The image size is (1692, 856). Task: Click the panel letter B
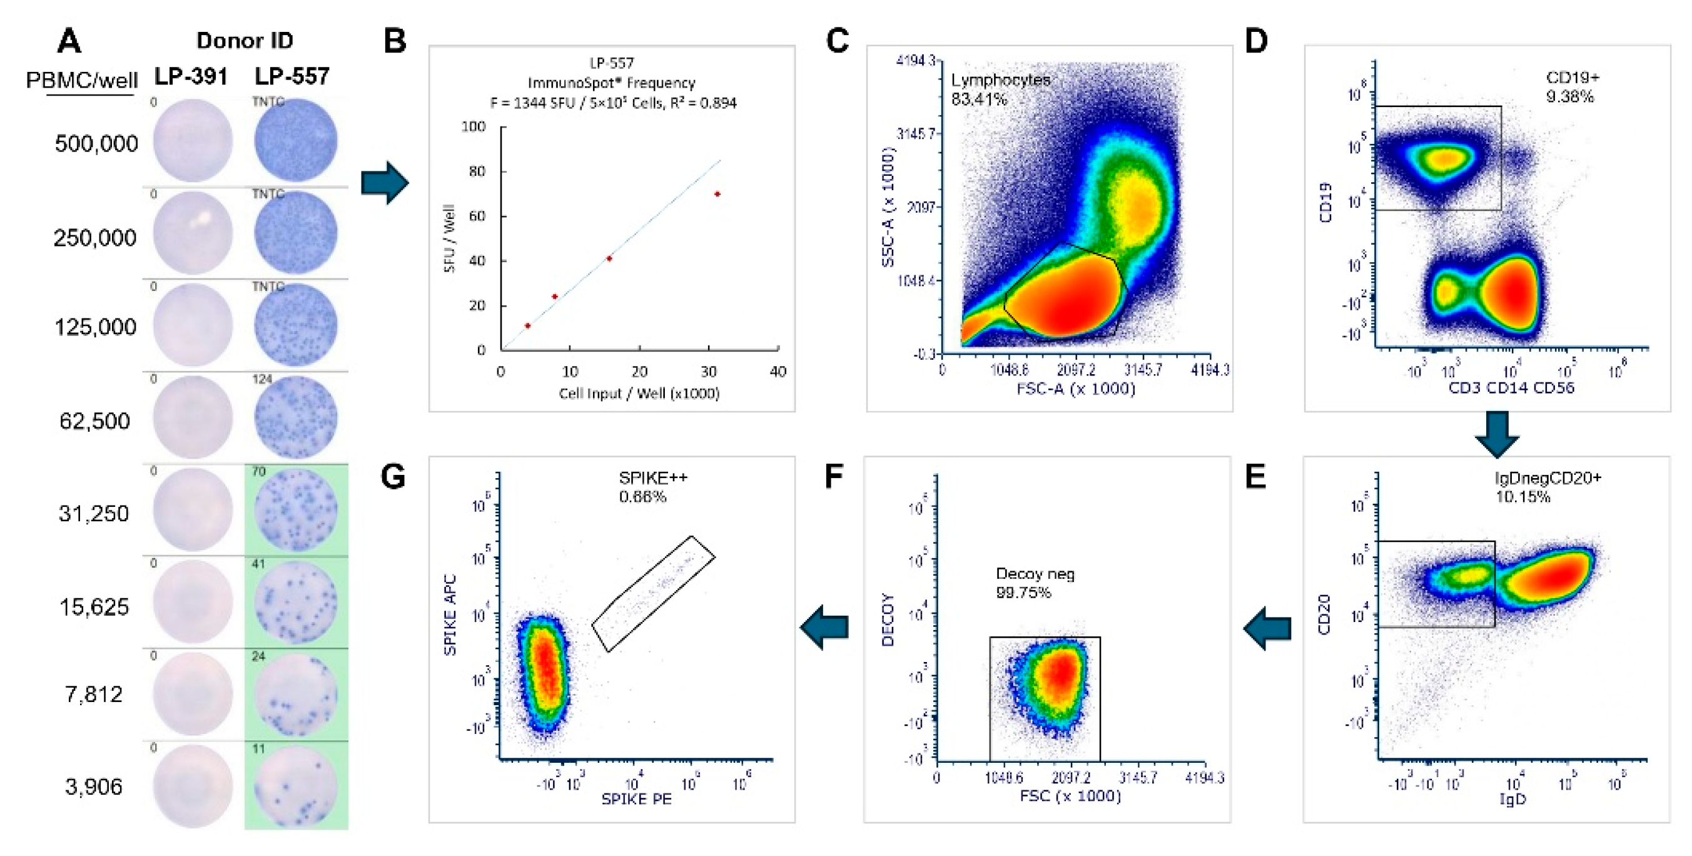pos(395,41)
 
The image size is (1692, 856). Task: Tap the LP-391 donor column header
pos(191,77)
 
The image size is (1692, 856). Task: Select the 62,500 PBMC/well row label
pos(94,421)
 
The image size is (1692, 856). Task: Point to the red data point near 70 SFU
pos(717,195)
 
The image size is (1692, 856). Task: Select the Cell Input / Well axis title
pos(639,394)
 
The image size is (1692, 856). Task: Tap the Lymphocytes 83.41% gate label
pos(1000,89)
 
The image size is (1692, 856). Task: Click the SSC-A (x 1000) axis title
pos(888,207)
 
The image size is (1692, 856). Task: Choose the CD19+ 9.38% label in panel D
pos(1572,87)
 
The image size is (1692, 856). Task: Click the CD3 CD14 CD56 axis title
pos(1511,388)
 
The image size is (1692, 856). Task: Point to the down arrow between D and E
pos(1496,434)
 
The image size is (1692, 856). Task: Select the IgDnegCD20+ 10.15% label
pos(1548,487)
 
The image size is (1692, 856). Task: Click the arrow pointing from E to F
pos(1267,628)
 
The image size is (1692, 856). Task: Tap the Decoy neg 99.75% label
pos(1035,583)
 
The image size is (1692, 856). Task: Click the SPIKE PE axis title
pos(636,800)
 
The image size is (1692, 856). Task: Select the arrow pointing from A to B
pos(385,183)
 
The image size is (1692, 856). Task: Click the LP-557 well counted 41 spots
pos(296,602)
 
